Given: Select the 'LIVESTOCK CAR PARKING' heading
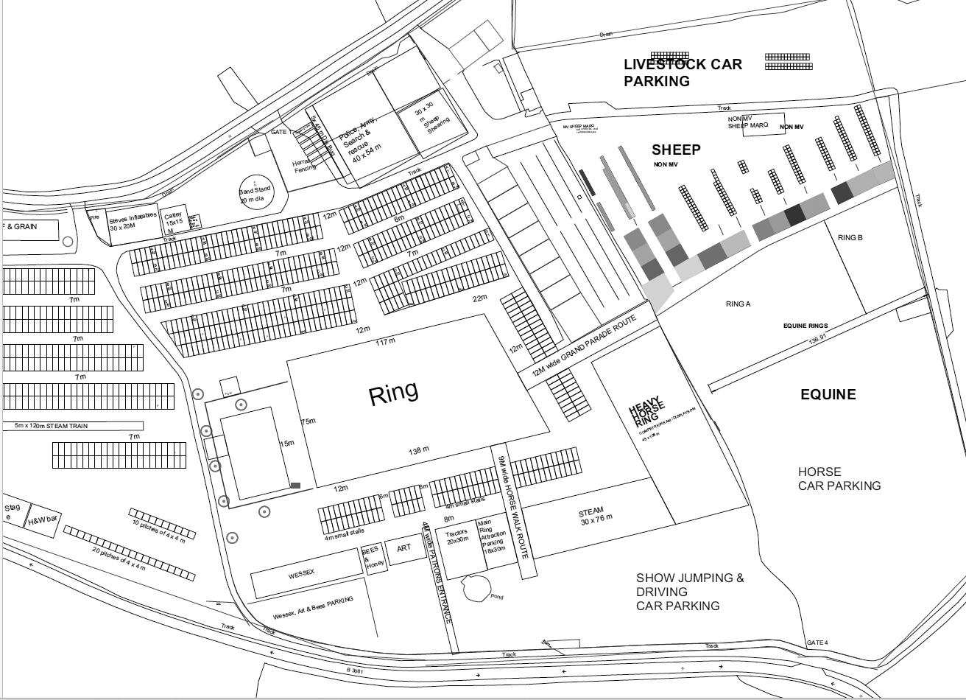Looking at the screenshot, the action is pyautogui.click(x=683, y=72).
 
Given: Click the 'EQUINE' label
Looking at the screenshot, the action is pyautogui.click(x=828, y=395).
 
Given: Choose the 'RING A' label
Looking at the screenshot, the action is pyautogui.click(x=738, y=304).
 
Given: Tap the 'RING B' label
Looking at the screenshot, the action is pyautogui.click(x=850, y=238).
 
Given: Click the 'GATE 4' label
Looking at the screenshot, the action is pyautogui.click(x=817, y=643).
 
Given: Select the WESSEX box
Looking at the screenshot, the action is pyautogui.click(x=302, y=574).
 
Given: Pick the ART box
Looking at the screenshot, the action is pyautogui.click(x=403, y=549).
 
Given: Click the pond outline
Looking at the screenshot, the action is pyautogui.click(x=476, y=588).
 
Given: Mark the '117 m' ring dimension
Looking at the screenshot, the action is pyautogui.click(x=386, y=342).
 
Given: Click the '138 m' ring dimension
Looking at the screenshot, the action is pyautogui.click(x=419, y=450).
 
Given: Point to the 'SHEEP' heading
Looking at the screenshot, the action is pyautogui.click(x=676, y=150).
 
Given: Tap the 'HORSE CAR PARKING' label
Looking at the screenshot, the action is pyautogui.click(x=839, y=478).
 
